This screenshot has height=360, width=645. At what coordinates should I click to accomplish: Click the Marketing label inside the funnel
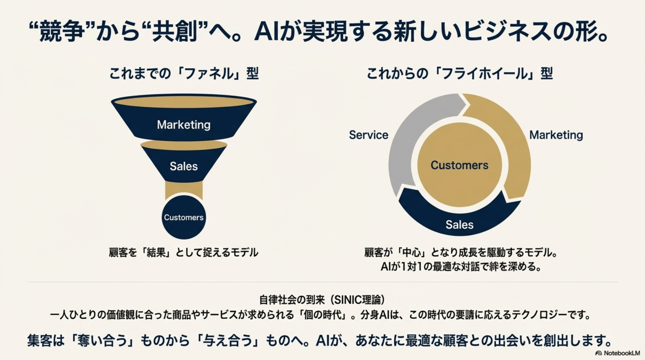184,125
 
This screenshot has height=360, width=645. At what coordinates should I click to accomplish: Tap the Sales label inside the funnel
184,166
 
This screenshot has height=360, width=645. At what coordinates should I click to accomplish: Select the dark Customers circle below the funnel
184,217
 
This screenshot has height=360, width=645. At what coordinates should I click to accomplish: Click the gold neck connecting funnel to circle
184,190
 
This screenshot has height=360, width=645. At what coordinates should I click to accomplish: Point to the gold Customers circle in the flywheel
460,165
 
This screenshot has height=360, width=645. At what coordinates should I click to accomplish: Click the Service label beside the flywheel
369,135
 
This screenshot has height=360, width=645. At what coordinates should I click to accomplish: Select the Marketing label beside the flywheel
556,135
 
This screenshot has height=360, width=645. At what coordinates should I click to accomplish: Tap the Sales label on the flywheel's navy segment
460,225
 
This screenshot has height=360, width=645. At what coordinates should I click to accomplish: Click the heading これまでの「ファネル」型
184,74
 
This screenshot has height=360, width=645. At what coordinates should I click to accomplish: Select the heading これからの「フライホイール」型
460,74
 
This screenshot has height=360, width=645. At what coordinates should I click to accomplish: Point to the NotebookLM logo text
622,353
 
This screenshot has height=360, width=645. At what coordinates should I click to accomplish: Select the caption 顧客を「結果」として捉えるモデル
184,253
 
